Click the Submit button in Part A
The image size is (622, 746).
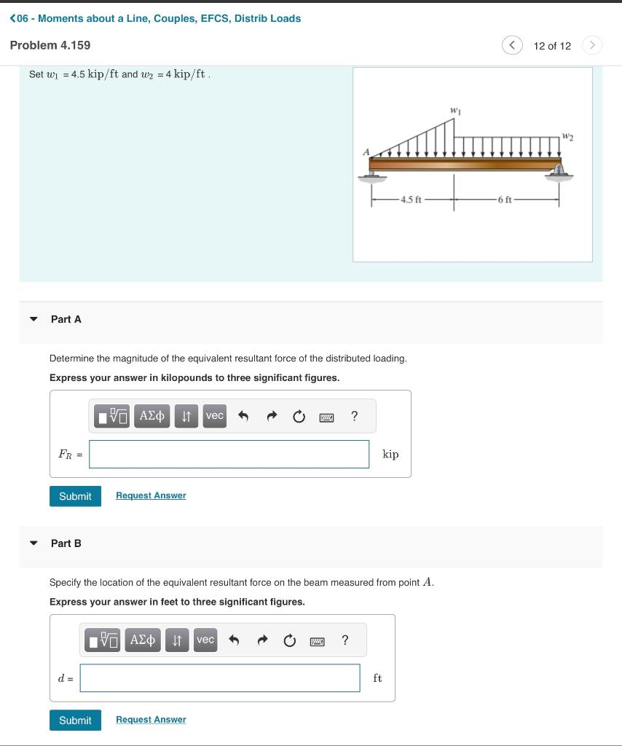[75, 496]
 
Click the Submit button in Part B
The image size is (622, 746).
[75, 721]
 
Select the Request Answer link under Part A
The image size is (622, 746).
[151, 495]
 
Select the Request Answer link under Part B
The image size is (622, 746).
[151, 720]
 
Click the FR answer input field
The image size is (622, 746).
[229, 454]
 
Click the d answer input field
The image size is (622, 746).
[219, 678]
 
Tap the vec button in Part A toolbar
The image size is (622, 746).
[214, 415]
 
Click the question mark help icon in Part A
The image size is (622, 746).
[354, 416]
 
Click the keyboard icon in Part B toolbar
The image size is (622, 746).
[317, 641]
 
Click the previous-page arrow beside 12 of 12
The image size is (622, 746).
[511, 46]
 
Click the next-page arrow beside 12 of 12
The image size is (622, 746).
[593, 46]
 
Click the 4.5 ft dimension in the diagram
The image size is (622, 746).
[412, 199]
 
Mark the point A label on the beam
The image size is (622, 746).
[367, 152]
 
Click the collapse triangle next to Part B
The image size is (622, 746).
[33, 543]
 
